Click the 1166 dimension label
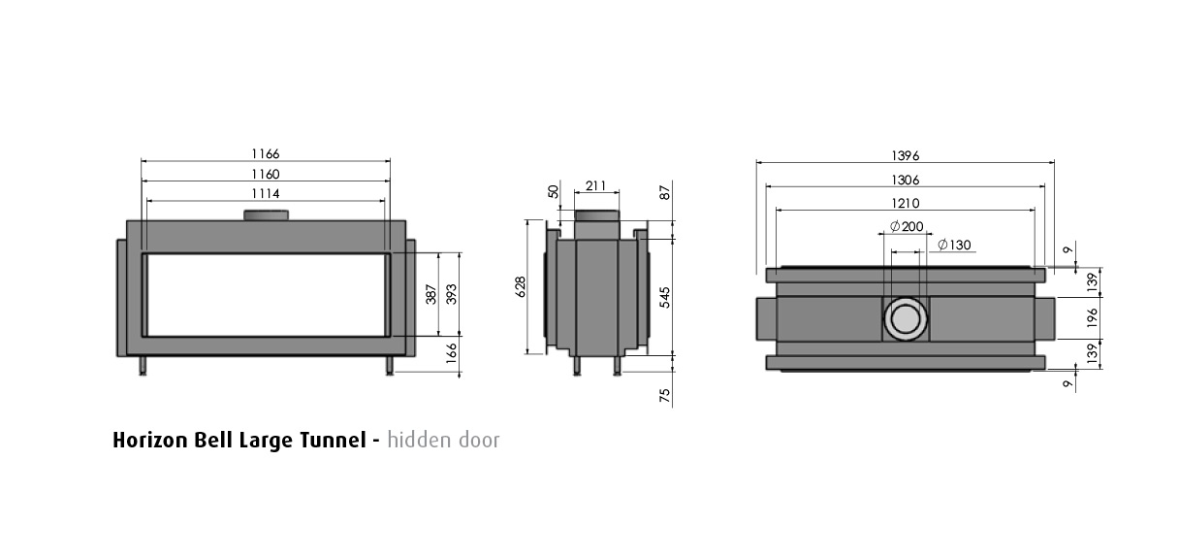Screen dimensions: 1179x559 point(266,154)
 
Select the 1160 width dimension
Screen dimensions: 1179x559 point(266,174)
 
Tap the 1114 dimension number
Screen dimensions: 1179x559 point(266,193)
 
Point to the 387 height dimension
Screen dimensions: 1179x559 point(431,294)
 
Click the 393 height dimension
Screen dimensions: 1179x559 point(452,294)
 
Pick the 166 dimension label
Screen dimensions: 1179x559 point(452,352)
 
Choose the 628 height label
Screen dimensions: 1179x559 point(520,286)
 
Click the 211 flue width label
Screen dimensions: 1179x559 point(596,186)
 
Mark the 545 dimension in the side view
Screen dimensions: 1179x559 point(665,298)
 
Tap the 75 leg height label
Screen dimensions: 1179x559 point(665,395)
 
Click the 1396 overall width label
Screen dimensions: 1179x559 point(906,156)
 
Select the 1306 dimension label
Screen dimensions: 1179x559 point(906,181)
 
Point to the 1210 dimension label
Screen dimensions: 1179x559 point(906,204)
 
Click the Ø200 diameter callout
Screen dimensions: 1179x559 point(907,226)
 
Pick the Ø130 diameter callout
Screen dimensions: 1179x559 point(954,245)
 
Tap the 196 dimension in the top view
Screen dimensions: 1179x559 point(1093,317)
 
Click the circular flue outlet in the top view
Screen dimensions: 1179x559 point(906,318)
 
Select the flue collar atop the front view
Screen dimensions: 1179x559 point(266,214)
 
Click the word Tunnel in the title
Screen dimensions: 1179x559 point(333,440)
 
